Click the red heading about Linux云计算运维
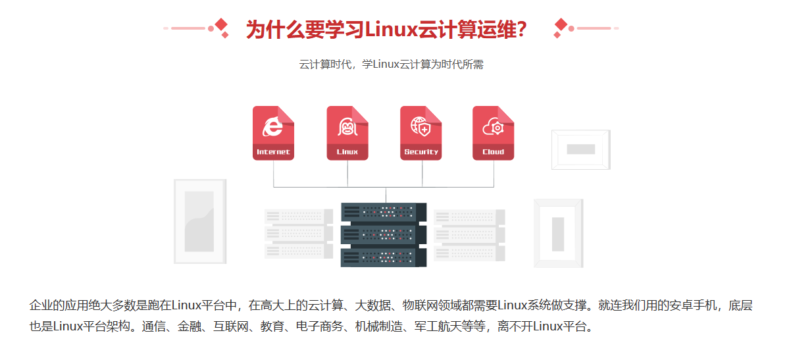pos(386,30)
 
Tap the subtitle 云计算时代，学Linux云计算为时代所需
pos(392,64)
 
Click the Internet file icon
pos(273,132)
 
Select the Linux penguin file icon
pos(347,132)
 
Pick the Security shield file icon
pos(421,132)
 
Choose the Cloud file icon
pos(494,132)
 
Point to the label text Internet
pos(273,152)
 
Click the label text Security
pos(421,152)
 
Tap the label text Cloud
pos(494,152)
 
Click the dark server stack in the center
pos(384,234)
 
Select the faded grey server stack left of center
pos(298,234)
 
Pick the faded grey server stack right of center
pos(469,234)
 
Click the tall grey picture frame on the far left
pos(199,221)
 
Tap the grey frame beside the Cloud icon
pos(581,150)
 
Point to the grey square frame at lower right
pos(558,232)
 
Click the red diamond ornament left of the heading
pos(222,27)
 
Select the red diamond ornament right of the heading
pos(561,27)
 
